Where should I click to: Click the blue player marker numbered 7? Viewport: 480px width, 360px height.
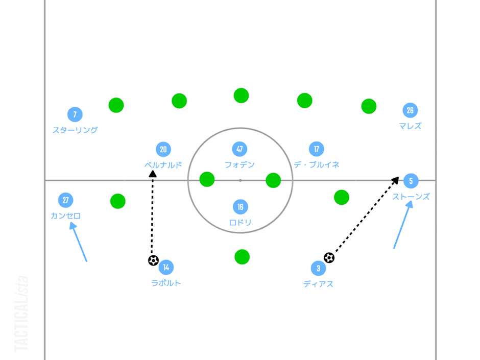point(75,114)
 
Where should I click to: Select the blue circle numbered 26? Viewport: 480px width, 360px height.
point(410,110)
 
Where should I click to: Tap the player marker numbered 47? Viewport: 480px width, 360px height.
point(239,149)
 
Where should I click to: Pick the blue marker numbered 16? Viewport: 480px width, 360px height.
point(240,207)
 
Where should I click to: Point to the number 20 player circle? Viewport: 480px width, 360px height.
point(163,149)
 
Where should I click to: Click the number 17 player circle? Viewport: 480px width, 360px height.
point(317,149)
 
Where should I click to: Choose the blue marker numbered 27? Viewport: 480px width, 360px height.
point(65,200)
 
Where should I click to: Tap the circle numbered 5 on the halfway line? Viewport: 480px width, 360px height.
point(411,181)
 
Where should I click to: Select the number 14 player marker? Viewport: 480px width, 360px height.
point(166,267)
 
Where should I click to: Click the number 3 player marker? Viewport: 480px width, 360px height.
point(318,268)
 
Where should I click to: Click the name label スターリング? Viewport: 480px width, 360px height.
point(75,130)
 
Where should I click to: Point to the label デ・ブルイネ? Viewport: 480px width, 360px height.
point(317,165)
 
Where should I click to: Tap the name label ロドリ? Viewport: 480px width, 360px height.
point(240,223)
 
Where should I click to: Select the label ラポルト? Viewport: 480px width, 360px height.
point(166,283)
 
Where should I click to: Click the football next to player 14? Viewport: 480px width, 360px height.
point(153,260)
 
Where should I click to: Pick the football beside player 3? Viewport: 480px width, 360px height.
point(329,258)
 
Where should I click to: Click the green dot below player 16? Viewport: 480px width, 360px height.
point(242,257)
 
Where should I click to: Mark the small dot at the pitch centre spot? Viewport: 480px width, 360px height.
point(240,180)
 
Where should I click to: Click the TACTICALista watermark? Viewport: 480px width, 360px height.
point(21,314)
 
